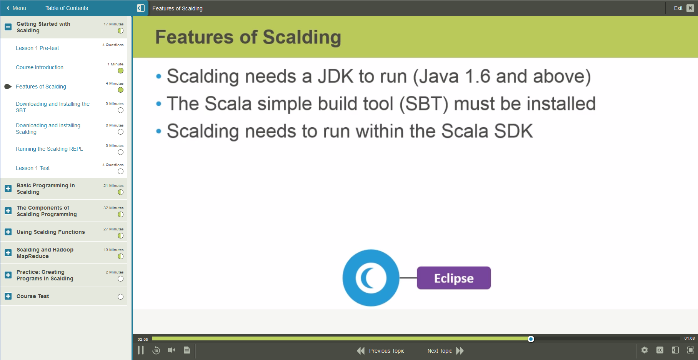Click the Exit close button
690,8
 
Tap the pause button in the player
141,350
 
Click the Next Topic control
445,351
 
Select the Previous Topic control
381,351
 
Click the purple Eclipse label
454,278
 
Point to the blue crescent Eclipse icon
371,278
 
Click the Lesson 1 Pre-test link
37,48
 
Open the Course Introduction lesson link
40,67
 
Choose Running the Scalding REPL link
49,149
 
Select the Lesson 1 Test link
33,168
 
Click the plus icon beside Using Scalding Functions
8,232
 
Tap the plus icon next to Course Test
8,296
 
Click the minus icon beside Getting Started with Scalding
8,27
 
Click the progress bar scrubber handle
531,339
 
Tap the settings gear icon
645,350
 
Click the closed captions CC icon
660,350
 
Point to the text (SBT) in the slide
424,104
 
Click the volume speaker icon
172,350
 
